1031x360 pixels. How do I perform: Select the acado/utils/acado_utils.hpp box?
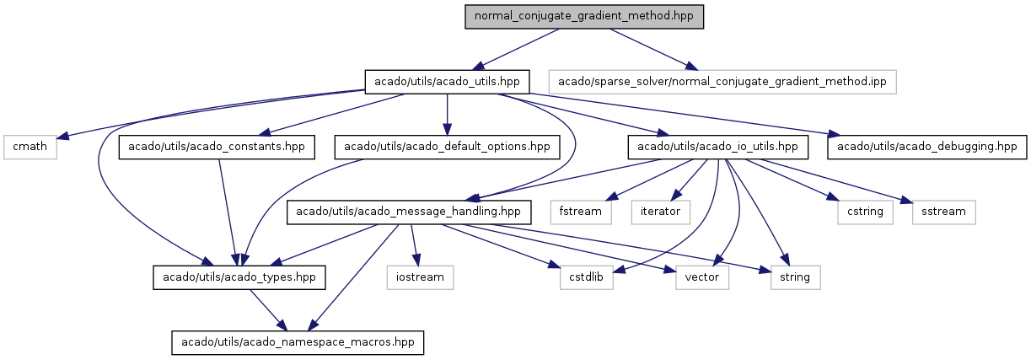[447, 82]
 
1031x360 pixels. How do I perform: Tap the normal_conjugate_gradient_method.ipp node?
[722, 82]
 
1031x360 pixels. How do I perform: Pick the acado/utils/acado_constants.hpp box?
[217, 147]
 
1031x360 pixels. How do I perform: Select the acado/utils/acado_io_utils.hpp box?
[717, 147]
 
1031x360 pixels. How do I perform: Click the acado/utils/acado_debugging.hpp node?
[927, 147]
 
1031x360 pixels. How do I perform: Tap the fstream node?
[582, 212]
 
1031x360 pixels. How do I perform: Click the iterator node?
[660, 212]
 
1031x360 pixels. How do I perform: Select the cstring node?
[866, 212]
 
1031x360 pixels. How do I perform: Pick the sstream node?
[943, 212]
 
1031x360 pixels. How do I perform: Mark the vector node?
[701, 277]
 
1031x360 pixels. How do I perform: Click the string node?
[794, 277]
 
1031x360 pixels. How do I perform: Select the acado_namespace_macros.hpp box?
[298, 341]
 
